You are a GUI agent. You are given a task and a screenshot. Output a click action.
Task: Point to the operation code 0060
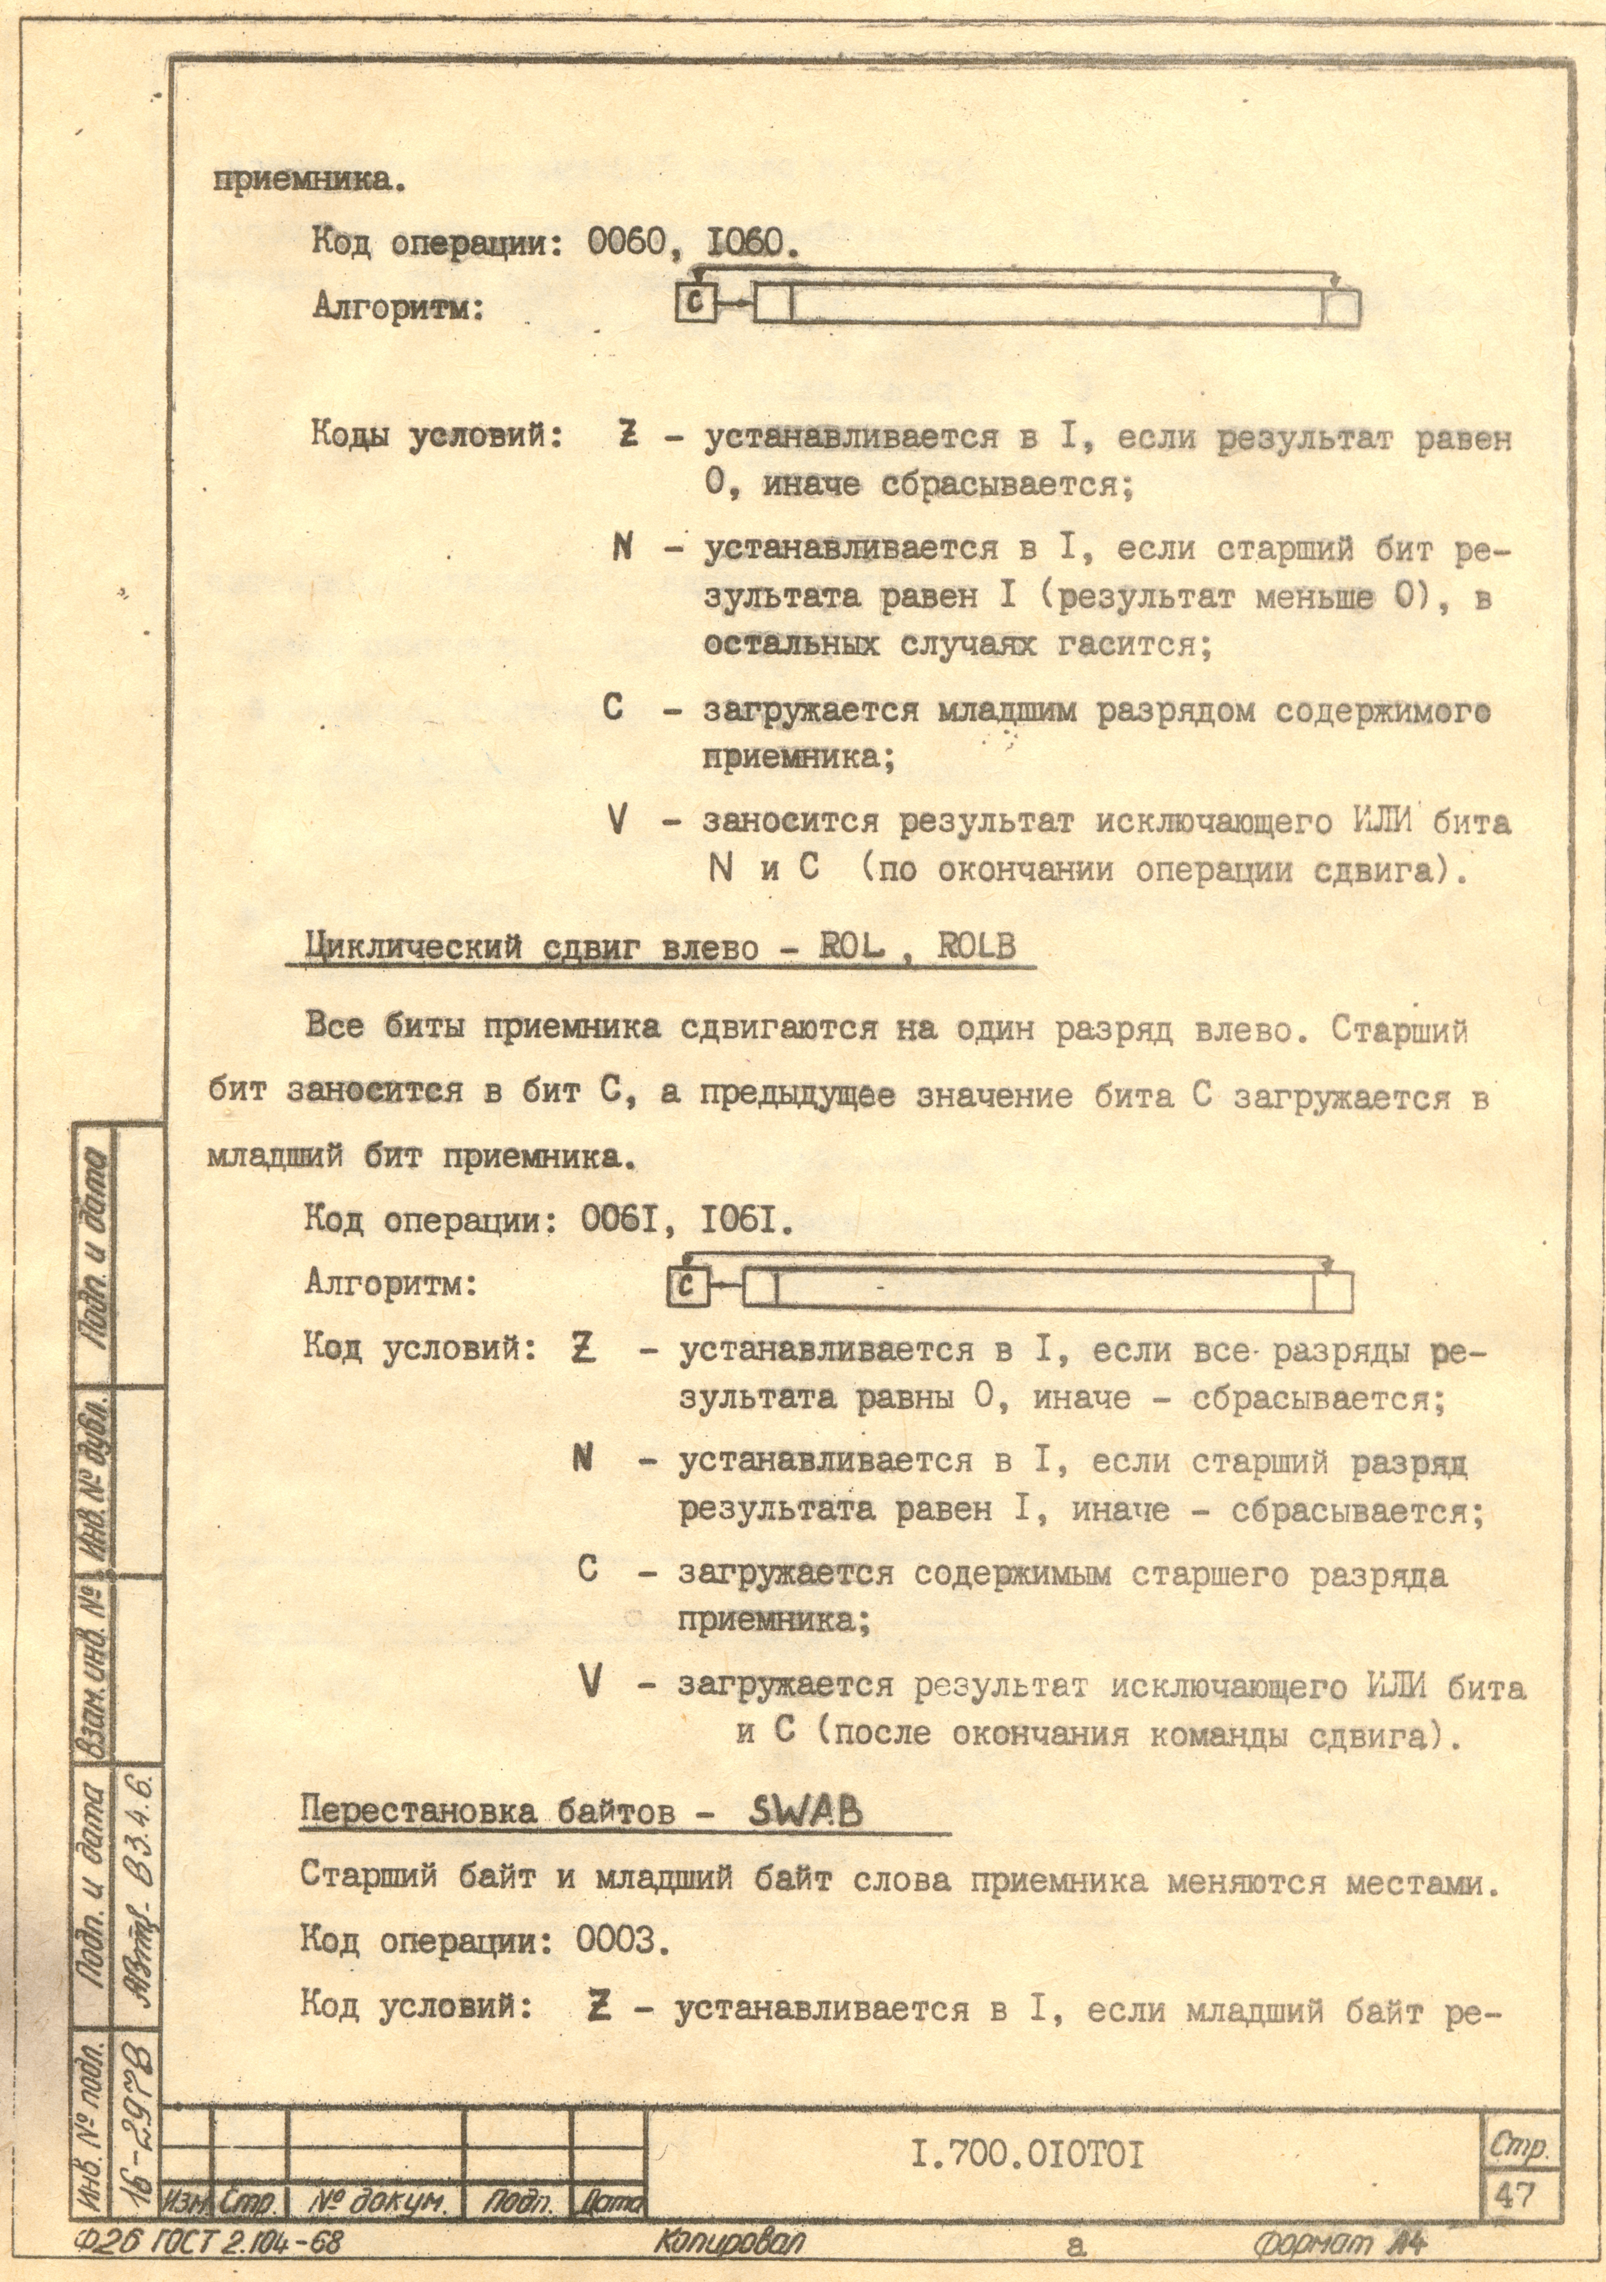tap(626, 242)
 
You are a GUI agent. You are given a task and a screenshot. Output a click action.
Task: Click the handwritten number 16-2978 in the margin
tap(134, 2167)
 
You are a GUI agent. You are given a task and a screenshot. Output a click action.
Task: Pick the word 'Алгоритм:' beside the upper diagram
tap(398, 308)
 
